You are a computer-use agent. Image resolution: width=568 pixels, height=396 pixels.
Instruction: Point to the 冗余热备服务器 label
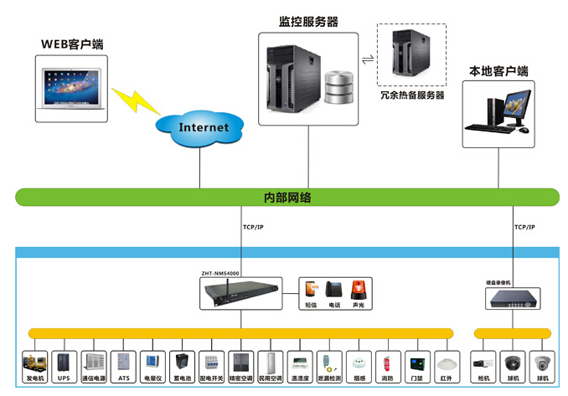pos(411,95)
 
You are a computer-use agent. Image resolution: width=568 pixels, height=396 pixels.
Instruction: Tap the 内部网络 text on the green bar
pos(287,198)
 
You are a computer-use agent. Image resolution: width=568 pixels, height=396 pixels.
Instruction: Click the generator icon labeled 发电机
pos(35,362)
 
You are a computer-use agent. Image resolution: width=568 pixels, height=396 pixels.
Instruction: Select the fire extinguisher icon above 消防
pos(386,362)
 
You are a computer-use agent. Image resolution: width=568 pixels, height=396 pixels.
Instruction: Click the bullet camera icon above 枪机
pos(483,362)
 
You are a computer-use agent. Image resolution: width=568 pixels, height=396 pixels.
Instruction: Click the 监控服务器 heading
pos(309,23)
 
